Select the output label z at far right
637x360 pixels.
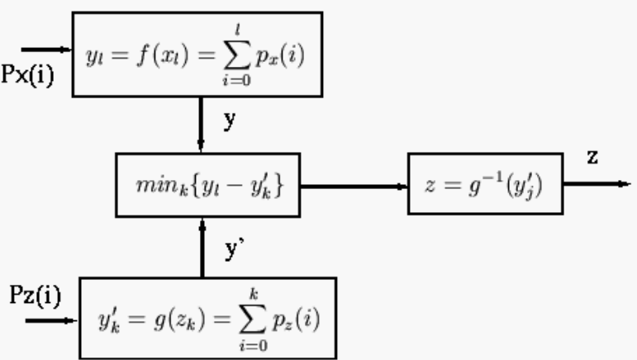coord(592,157)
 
